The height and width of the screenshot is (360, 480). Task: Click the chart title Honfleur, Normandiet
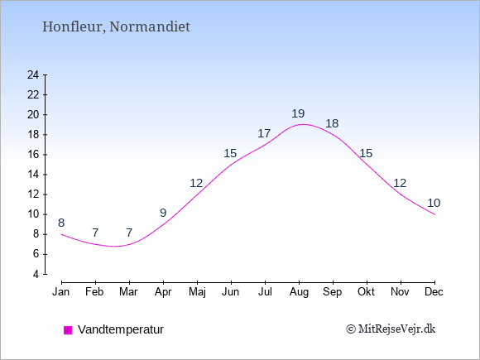pos(116,26)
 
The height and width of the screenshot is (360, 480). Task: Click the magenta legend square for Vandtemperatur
pos(68,330)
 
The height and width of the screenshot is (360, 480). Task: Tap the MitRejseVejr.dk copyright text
pos(391,329)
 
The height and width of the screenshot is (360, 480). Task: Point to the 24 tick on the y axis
pos(33,74)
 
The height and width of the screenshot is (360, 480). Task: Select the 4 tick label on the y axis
pos(36,274)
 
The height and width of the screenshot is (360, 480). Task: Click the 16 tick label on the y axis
pos(33,154)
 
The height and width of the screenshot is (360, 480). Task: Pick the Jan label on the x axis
pos(61,292)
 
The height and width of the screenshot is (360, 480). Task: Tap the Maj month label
pos(197,292)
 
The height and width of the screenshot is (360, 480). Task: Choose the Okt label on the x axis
pos(366,292)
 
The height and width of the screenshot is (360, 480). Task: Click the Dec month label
pos(434,292)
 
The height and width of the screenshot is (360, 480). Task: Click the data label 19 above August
pos(298,114)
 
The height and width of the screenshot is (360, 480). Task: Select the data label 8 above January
pos(61,223)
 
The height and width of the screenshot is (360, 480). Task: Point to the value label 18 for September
pos(332,123)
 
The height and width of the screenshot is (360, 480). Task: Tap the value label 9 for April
pos(163,213)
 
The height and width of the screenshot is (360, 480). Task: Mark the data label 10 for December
pos(434,203)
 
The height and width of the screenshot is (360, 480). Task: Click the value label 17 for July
pos(264,133)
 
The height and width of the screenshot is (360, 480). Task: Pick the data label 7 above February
pos(95,233)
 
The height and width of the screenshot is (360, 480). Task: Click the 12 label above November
pos(400,184)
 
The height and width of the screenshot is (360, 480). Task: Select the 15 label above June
pos(230,153)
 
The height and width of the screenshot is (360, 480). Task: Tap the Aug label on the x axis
pos(299,292)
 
